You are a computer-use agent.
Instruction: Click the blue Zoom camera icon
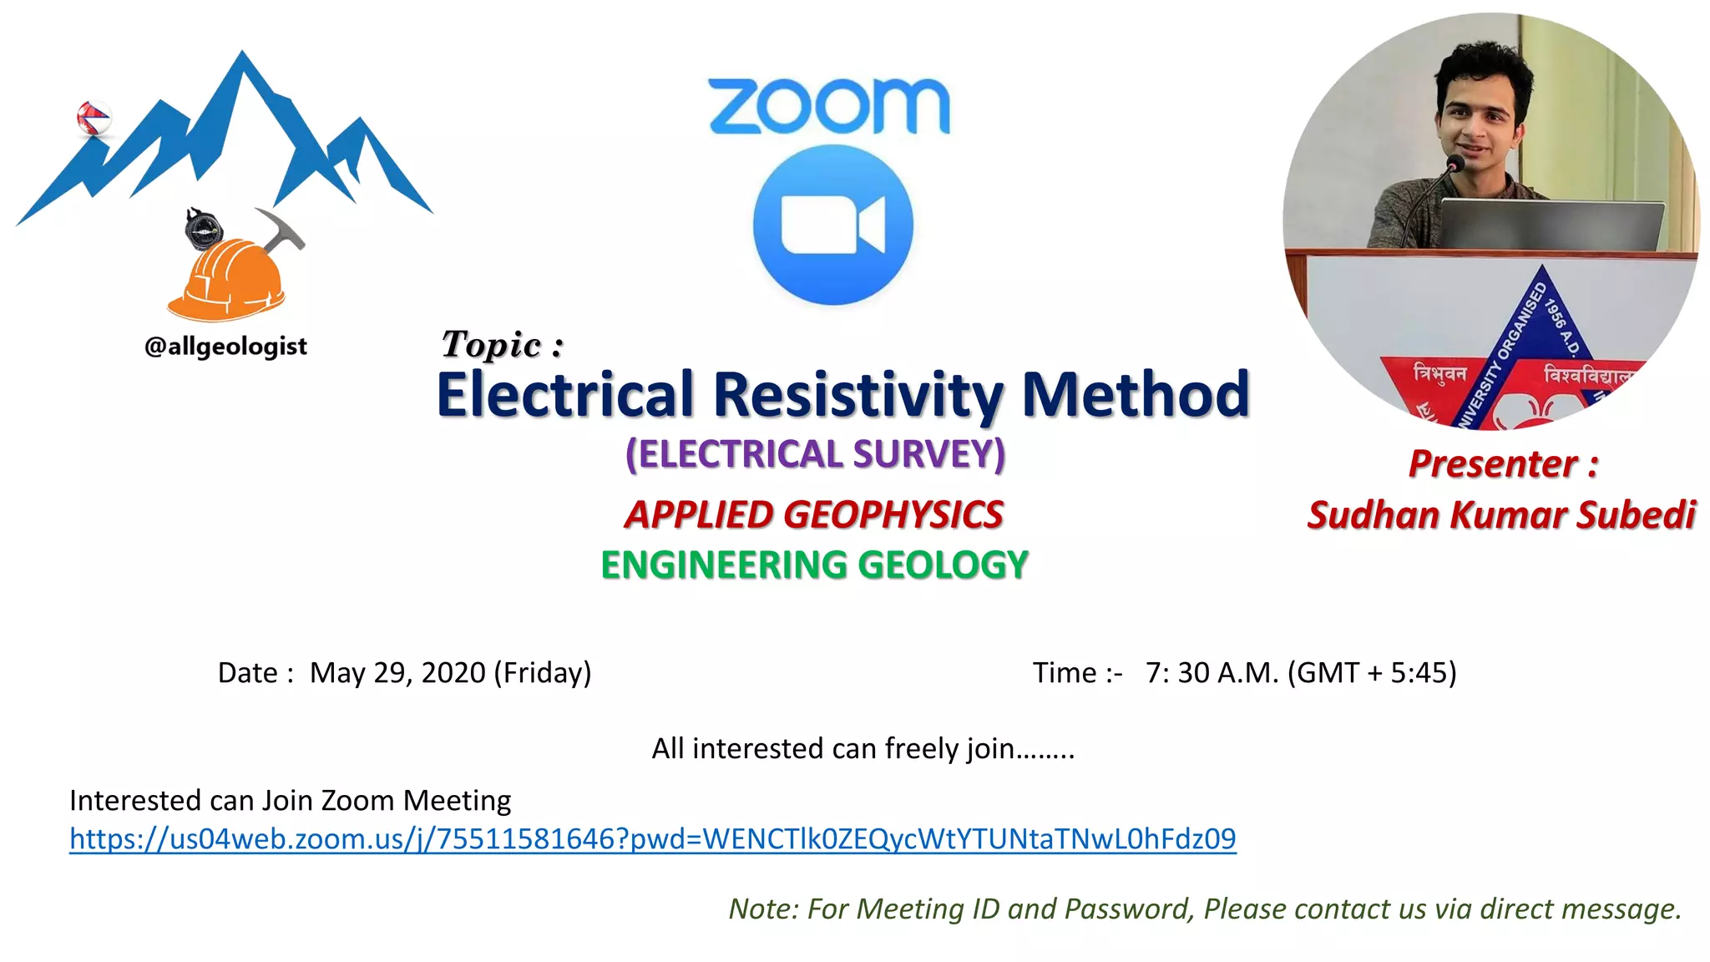(832, 225)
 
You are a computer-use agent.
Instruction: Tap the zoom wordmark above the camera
(829, 106)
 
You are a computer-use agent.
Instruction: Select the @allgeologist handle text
(225, 346)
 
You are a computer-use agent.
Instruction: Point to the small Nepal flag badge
(93, 118)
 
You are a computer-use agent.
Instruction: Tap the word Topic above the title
(492, 344)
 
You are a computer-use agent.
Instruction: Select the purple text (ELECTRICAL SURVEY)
(815, 454)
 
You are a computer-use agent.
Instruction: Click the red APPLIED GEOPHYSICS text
(814, 514)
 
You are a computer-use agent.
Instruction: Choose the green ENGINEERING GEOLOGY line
(814, 565)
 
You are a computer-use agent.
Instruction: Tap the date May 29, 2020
(397, 673)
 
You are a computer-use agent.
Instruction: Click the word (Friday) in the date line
(543, 673)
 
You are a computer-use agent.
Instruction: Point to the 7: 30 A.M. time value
(1212, 673)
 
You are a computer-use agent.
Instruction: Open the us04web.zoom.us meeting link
(652, 838)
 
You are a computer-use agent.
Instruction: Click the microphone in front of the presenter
(1455, 163)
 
